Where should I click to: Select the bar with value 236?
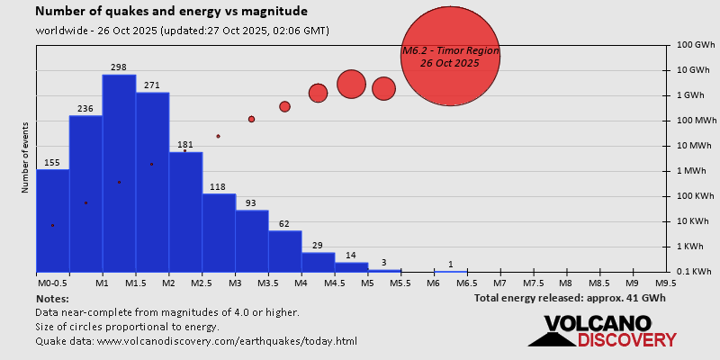click(x=85, y=193)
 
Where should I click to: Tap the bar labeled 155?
click(x=52, y=220)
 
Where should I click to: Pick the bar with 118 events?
click(x=219, y=232)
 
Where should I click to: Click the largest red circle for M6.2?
click(x=449, y=56)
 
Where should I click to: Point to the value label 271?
click(x=151, y=85)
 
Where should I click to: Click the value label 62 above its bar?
click(x=284, y=224)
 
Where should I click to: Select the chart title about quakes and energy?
click(x=171, y=12)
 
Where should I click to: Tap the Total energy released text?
click(x=570, y=298)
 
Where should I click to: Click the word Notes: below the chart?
click(x=52, y=298)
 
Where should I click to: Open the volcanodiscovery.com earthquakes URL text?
click(x=196, y=341)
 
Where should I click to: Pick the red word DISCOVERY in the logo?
click(x=626, y=339)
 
